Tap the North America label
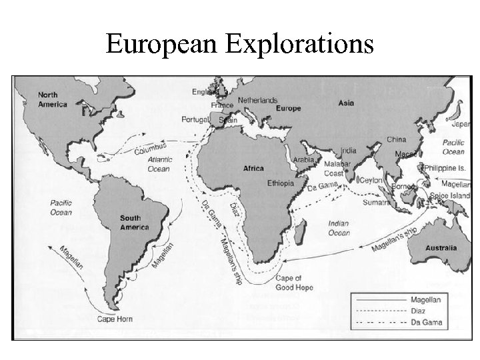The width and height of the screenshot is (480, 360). coord(53,99)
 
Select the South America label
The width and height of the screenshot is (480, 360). coord(134,223)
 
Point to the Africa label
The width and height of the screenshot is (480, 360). coord(253,169)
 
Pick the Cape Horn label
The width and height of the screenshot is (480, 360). coord(114,319)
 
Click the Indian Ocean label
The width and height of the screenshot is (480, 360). coord(339,229)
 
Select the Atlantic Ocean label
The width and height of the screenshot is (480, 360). coord(160,164)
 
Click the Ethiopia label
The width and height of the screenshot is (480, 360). coord(280,183)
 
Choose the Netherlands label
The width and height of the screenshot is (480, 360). coord(257,100)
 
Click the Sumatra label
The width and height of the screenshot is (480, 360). coord(377,202)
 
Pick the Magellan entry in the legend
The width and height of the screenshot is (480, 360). coord(426,300)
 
